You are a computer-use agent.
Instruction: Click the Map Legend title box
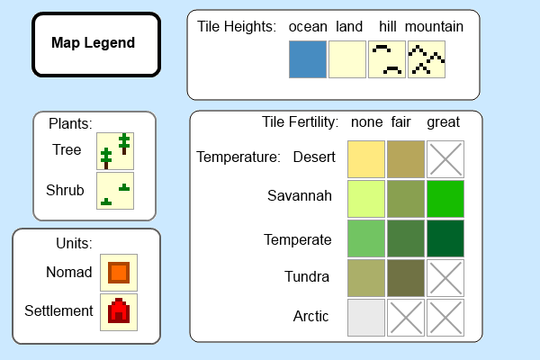pyautogui.click(x=96, y=44)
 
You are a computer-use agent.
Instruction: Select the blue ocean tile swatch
pyautogui.click(x=308, y=59)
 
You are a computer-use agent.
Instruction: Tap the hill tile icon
pyautogui.click(x=387, y=59)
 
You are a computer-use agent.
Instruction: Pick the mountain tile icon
pyautogui.click(x=427, y=59)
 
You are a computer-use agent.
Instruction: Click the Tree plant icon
pyautogui.click(x=115, y=151)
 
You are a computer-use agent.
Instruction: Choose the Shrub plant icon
pyautogui.click(x=115, y=191)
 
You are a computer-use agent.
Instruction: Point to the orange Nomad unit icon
pyautogui.click(x=119, y=273)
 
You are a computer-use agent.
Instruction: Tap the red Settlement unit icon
pyautogui.click(x=119, y=312)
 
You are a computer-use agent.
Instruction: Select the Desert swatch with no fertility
pyautogui.click(x=366, y=159)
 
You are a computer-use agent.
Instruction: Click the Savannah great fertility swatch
pyautogui.click(x=445, y=199)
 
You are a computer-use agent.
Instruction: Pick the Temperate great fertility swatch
pyautogui.click(x=445, y=238)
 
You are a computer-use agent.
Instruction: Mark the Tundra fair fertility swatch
pyautogui.click(x=406, y=278)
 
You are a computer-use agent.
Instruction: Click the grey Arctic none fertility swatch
pyautogui.click(x=366, y=318)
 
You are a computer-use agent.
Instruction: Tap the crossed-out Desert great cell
pyautogui.click(x=445, y=159)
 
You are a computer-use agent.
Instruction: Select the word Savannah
pyautogui.click(x=300, y=195)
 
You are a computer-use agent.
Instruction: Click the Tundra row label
pyautogui.click(x=307, y=276)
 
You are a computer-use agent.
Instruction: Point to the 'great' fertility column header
pyautogui.click(x=443, y=122)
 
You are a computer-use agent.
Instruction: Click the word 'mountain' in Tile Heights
pyautogui.click(x=434, y=26)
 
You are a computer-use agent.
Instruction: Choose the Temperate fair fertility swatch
pyautogui.click(x=406, y=238)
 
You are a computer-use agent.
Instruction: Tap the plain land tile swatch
pyautogui.click(x=347, y=59)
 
